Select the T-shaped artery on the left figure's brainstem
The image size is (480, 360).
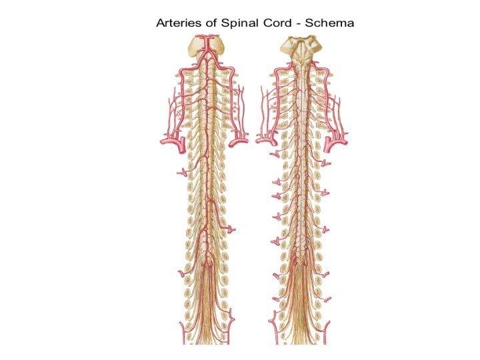pos(208,46)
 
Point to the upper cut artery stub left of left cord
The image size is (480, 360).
pos(181,173)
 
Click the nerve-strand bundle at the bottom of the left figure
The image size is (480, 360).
pos(208,320)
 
